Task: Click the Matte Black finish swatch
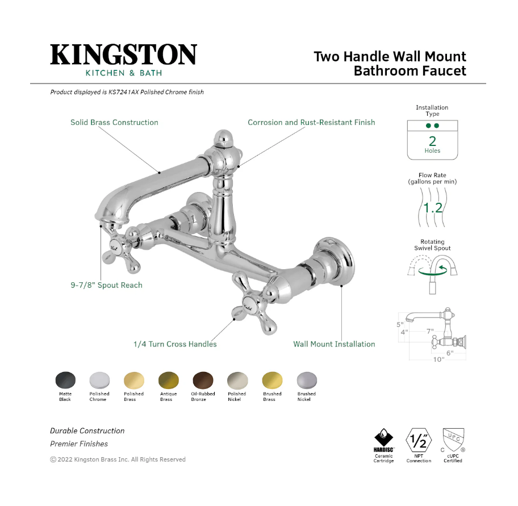click(65, 380)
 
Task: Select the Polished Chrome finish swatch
click(99, 380)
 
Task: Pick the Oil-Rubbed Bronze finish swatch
click(203, 380)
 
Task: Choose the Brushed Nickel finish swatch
click(307, 380)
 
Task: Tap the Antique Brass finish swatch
click(169, 380)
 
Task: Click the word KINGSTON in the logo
click(124, 55)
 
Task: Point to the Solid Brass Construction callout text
click(114, 123)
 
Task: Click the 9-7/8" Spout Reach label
click(106, 285)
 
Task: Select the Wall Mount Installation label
click(334, 344)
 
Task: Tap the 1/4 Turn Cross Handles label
click(175, 344)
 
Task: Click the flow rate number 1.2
click(433, 208)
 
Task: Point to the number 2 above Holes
click(432, 141)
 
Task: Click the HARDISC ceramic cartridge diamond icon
click(383, 438)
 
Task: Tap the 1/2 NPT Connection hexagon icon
click(419, 440)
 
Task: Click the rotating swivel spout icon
click(432, 274)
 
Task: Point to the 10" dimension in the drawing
click(438, 359)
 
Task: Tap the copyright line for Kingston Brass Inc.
click(118, 459)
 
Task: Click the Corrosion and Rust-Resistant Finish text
click(311, 123)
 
